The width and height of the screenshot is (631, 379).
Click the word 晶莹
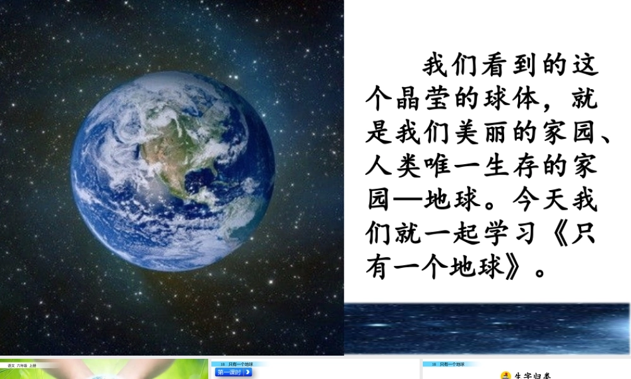[423, 100]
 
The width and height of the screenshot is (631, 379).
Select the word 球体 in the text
[510, 100]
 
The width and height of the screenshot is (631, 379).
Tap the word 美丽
[481, 135]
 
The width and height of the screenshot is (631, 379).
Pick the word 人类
[394, 168]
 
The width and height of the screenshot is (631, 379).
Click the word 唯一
[452, 168]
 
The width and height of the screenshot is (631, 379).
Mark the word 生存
[510, 168]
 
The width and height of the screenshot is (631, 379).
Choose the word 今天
[539, 202]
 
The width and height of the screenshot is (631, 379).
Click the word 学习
[510, 235]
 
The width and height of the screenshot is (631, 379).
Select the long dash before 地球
[409, 202]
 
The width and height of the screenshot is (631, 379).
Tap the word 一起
[452, 235]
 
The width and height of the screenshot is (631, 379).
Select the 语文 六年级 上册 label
[22, 365]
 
